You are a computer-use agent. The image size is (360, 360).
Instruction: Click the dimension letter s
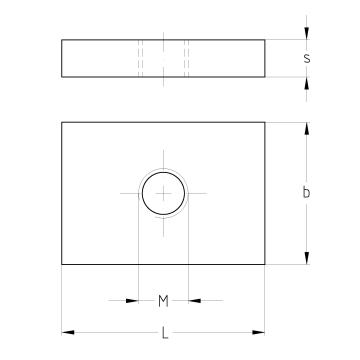tap(307, 58)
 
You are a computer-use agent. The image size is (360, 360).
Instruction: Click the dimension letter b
tap(306, 192)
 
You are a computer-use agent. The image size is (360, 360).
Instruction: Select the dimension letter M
tap(163, 301)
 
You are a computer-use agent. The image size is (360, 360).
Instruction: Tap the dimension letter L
tap(165, 333)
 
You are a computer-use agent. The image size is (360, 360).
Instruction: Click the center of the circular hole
tap(163, 193)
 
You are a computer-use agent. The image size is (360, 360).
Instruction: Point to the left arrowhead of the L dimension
tap(68, 332)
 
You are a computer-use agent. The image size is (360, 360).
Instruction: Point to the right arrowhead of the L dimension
tap(258, 332)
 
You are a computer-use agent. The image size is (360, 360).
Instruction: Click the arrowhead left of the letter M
tap(132, 301)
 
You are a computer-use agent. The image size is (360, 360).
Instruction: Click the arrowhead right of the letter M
tap(195, 301)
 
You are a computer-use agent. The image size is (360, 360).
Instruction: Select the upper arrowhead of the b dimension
tap(307, 129)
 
